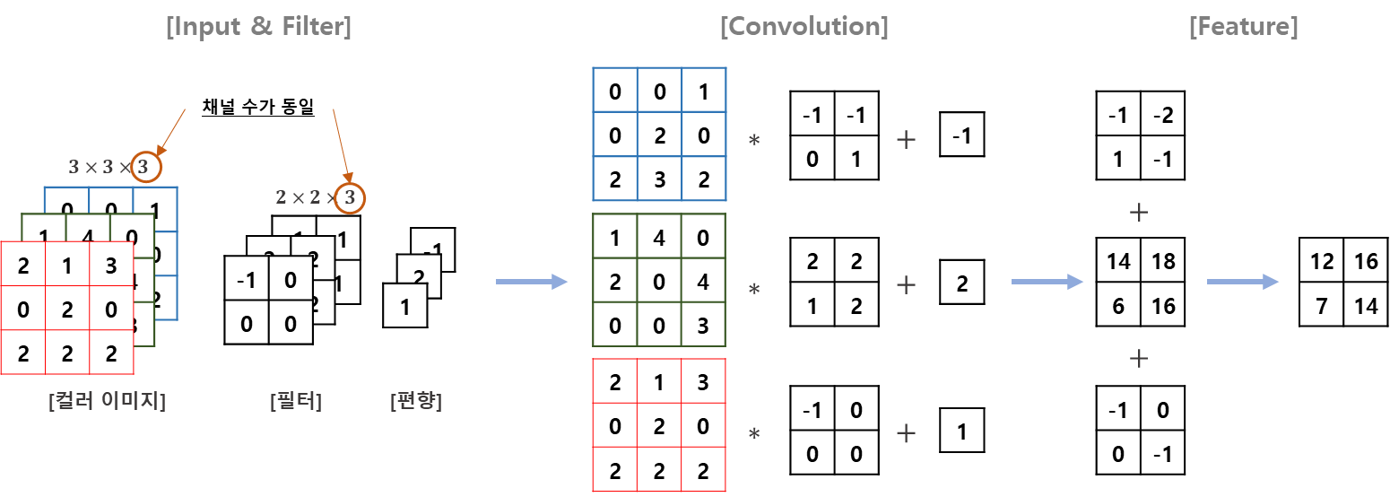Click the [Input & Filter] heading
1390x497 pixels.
[x=258, y=27]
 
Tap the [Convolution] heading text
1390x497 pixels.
[x=804, y=27]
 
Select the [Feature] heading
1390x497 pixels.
[x=1243, y=27]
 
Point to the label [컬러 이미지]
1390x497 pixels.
[x=108, y=401]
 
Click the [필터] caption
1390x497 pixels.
[x=295, y=401]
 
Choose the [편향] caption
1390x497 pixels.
[x=416, y=401]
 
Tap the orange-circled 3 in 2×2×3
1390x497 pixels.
[x=350, y=197]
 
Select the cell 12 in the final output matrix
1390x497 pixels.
[x=1322, y=262]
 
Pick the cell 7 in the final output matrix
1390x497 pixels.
[x=1322, y=305]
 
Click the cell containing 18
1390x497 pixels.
[x=1162, y=262]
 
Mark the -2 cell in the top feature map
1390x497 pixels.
[x=1162, y=116]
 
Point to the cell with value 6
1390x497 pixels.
[x=1118, y=305]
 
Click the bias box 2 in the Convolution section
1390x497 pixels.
[x=962, y=283]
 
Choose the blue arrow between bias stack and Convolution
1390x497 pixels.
[x=532, y=283]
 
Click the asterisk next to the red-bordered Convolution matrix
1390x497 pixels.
[x=754, y=433]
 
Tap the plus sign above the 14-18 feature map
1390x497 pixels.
[x=1139, y=213]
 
